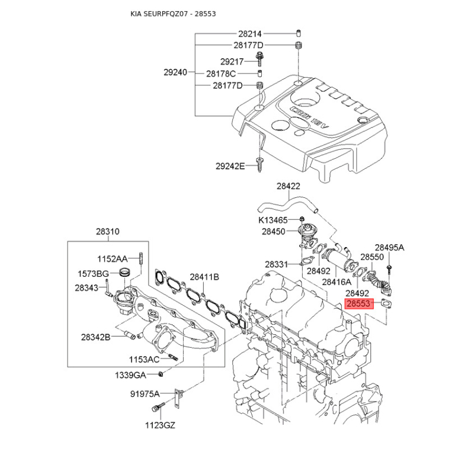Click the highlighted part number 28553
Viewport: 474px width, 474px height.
tap(359, 303)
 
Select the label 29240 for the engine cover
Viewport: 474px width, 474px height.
tap(175, 72)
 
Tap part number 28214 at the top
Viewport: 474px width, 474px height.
tap(250, 34)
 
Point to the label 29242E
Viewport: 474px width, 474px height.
tap(230, 166)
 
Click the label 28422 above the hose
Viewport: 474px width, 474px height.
tap(289, 186)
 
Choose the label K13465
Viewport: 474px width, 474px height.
tap(273, 220)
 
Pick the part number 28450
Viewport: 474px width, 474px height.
tap(274, 232)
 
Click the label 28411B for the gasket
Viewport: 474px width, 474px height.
tap(204, 277)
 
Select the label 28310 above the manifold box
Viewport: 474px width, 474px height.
tap(108, 232)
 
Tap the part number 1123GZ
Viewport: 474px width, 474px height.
tap(160, 425)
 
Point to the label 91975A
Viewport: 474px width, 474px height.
tap(145, 394)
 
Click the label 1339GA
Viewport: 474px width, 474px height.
tap(130, 376)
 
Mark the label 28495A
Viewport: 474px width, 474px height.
tap(389, 248)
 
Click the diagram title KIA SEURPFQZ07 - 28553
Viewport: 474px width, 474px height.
tap(173, 14)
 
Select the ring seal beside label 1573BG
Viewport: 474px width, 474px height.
tap(124, 272)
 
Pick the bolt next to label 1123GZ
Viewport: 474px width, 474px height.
tap(158, 408)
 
